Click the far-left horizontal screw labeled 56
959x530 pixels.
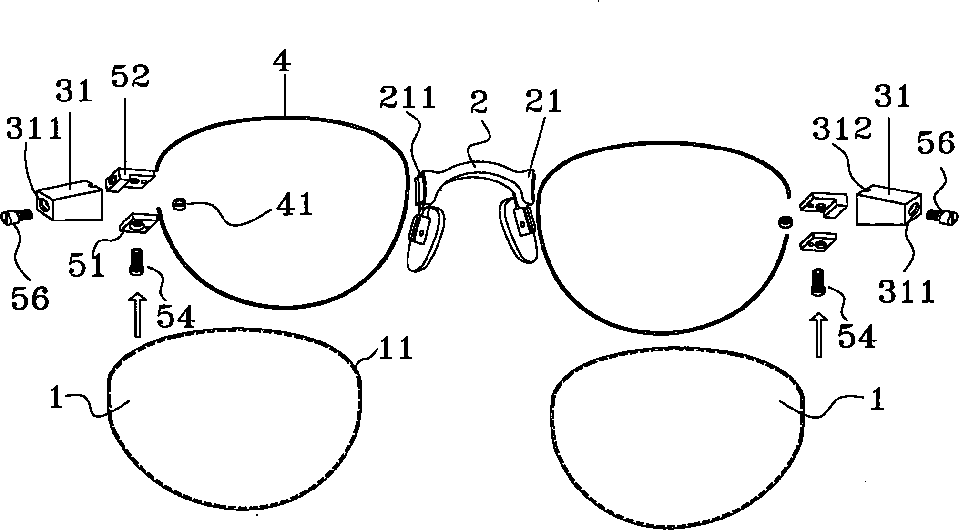click(18, 217)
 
